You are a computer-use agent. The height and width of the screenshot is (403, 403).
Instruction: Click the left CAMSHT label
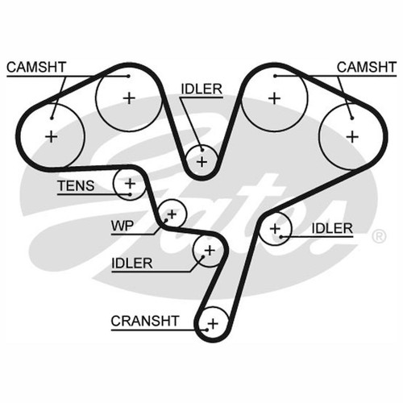36,67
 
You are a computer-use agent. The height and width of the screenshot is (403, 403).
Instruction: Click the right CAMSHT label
367,67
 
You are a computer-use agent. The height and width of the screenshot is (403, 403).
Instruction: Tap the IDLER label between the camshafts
201,89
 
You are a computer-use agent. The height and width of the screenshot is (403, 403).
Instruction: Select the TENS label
76,185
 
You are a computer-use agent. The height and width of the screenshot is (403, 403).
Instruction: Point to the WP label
123,226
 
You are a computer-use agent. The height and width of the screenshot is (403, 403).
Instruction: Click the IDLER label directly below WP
132,264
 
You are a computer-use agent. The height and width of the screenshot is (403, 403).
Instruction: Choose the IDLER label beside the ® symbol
332,228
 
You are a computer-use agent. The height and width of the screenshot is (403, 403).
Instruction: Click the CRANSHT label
145,321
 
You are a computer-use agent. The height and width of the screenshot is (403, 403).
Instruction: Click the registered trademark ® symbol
379,236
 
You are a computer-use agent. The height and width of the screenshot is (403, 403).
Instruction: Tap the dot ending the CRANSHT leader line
207,330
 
